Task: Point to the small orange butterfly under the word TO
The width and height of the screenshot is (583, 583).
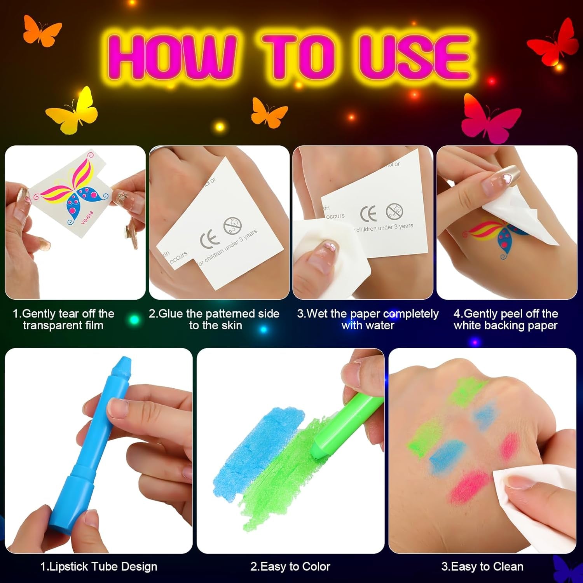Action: (x=269, y=113)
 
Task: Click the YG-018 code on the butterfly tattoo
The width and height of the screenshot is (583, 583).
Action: (x=87, y=218)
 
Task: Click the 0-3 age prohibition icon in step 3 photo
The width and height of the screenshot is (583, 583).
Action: (x=394, y=211)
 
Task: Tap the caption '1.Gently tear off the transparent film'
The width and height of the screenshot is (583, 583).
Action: (x=63, y=319)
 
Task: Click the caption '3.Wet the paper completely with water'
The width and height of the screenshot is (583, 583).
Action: (x=368, y=319)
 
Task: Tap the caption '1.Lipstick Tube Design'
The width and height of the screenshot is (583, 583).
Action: (x=99, y=567)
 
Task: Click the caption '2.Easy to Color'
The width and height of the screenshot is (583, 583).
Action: (x=290, y=567)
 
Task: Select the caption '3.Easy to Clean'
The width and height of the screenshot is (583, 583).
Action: (x=482, y=567)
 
